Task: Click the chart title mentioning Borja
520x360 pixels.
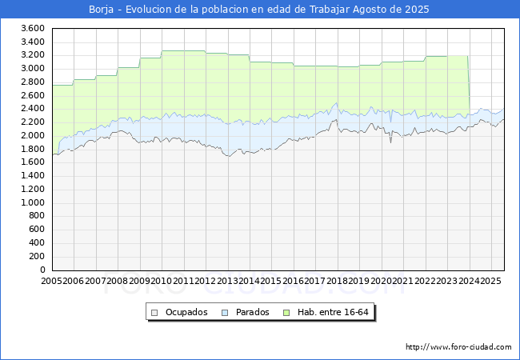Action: pyautogui.click(x=260, y=10)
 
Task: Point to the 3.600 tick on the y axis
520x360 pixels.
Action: pyautogui.click(x=32, y=28)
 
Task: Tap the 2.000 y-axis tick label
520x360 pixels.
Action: pyautogui.click(x=32, y=135)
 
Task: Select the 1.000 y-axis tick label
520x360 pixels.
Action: pyautogui.click(x=32, y=202)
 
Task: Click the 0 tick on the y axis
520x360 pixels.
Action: pyautogui.click(x=41, y=270)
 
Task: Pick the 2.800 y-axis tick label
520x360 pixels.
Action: pyautogui.click(x=32, y=82)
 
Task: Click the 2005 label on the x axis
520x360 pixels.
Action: pyautogui.click(x=52, y=281)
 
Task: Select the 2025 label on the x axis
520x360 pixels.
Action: pyautogui.click(x=490, y=281)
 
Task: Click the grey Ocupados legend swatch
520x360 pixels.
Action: pyautogui.click(x=155, y=312)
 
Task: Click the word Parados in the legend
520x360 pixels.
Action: pyautogui.click(x=252, y=312)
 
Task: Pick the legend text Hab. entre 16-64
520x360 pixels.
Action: pyautogui.click(x=334, y=312)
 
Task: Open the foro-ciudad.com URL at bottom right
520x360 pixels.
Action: pyautogui.click(x=458, y=347)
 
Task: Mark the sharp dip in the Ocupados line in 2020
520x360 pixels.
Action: pyautogui.click(x=391, y=142)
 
